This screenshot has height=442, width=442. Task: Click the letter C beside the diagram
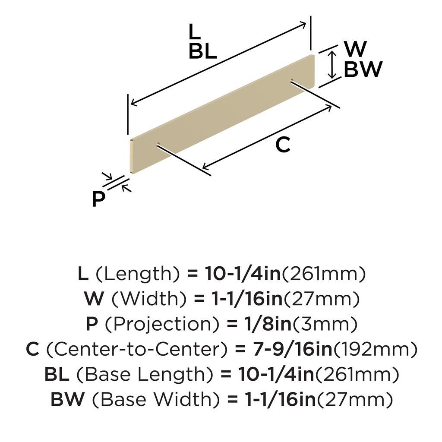pyautogui.click(x=283, y=145)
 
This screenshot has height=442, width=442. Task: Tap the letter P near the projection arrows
pyautogui.click(x=98, y=199)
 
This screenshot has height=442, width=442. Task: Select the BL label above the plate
pyautogui.click(x=203, y=52)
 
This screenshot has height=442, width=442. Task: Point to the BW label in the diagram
pyautogui.click(x=363, y=69)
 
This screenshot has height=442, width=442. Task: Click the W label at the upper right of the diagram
pyautogui.click(x=355, y=49)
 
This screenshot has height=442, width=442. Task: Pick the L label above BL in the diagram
pyautogui.click(x=195, y=31)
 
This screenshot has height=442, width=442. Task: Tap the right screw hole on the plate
pyautogui.click(x=292, y=81)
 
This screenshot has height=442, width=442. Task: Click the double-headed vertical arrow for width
pyautogui.click(x=333, y=65)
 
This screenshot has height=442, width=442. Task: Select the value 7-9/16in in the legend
pyautogui.click(x=293, y=349)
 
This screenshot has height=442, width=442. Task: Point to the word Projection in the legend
pyautogui.click(x=162, y=324)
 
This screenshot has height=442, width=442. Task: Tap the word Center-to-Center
pyautogui.click(x=137, y=349)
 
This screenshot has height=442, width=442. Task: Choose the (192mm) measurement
pyautogui.click(x=375, y=349)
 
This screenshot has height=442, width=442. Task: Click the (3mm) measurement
pyautogui.click(x=325, y=324)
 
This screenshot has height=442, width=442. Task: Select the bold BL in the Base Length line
pyautogui.click(x=57, y=374)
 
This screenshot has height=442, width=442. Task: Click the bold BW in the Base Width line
pyautogui.click(x=68, y=399)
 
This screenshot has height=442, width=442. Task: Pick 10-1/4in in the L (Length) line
pyautogui.click(x=243, y=273)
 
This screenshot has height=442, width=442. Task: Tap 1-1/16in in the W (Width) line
pyautogui.click(x=247, y=299)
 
